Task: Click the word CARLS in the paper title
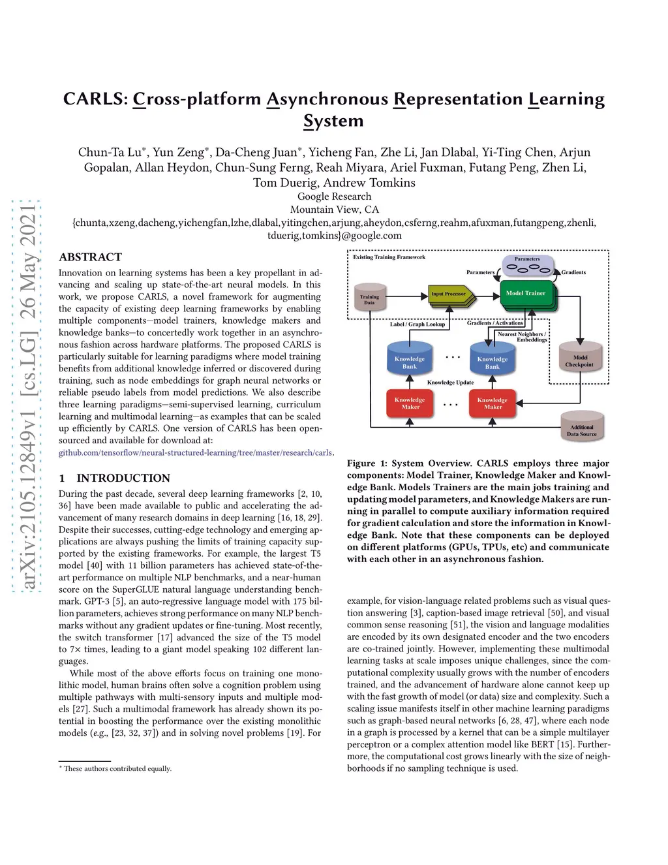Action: coord(95,99)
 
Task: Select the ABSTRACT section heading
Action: coord(90,257)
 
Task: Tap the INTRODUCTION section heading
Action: coord(123,478)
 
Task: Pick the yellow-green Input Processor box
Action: coord(449,294)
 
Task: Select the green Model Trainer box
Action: coord(526,294)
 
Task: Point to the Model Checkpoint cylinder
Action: coord(580,360)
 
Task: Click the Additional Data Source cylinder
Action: coord(581,430)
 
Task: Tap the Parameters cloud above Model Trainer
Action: coord(527,264)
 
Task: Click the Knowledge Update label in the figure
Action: coord(450,383)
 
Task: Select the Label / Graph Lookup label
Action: coord(417,324)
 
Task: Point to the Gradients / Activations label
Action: coord(495,322)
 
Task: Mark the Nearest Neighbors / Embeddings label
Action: coord(522,337)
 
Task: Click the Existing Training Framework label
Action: coord(389,257)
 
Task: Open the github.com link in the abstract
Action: coord(196,452)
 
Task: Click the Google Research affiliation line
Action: coord(334,197)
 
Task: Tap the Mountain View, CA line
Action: coord(334,210)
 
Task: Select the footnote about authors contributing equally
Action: coord(117,768)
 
